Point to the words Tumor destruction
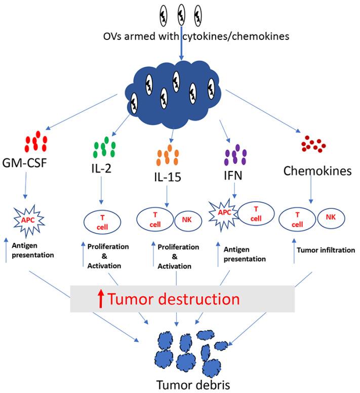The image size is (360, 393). (174, 298)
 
